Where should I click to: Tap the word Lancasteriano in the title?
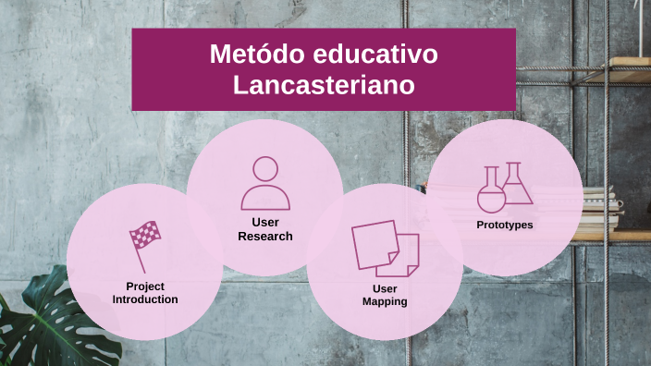tap(323, 85)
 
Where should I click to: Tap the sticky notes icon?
tap(385, 249)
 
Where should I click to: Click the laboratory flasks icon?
tap(505, 188)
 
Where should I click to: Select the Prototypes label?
tap(505, 225)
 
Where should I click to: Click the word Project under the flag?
tap(145, 286)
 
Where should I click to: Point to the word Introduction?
tap(145, 299)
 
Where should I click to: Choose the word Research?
tap(265, 236)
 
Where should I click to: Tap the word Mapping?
tap(385, 302)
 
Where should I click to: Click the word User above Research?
tap(265, 222)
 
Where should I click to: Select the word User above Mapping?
tap(385, 288)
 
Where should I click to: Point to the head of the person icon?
tap(265, 169)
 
